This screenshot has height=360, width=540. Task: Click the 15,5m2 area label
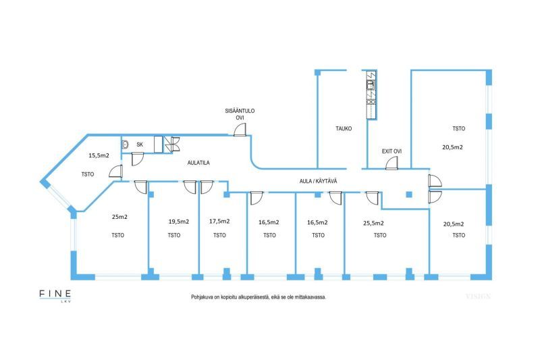(x=99, y=155)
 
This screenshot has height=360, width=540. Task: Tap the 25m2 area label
(x=119, y=217)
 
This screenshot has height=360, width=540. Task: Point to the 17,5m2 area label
(x=219, y=221)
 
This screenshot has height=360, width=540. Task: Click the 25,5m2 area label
(x=373, y=222)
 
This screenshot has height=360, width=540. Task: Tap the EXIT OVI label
(x=392, y=151)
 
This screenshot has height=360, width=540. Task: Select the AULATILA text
(x=198, y=163)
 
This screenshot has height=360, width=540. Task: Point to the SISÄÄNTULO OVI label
(x=240, y=114)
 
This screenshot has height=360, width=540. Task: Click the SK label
(x=140, y=145)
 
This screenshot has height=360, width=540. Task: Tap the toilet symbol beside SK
(x=126, y=144)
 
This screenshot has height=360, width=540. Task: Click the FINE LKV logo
(x=55, y=296)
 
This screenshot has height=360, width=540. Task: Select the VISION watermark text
(x=478, y=297)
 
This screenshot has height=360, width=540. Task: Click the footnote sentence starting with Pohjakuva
(x=259, y=297)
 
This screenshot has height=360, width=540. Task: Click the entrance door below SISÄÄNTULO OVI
(x=240, y=130)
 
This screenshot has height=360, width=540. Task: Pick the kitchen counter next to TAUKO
(x=370, y=95)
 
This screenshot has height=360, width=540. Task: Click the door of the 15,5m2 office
(x=115, y=172)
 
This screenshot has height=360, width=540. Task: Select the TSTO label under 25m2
(x=119, y=235)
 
